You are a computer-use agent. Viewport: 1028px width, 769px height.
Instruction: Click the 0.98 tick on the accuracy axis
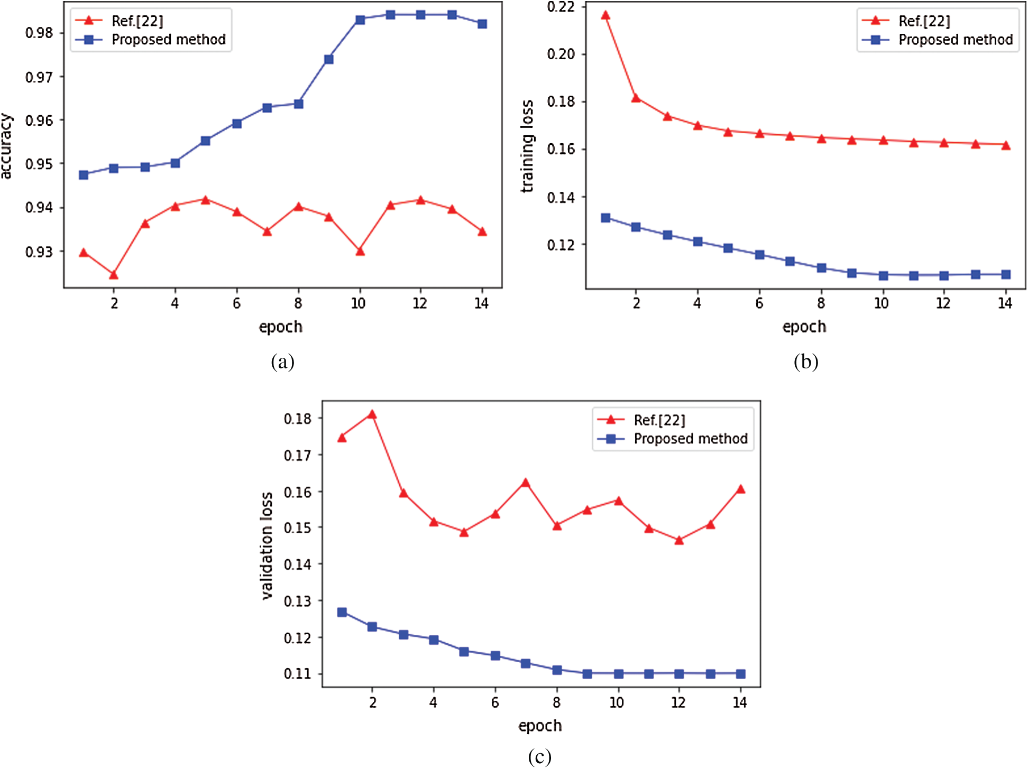pos(39,33)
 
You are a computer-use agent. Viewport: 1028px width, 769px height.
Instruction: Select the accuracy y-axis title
pos(6,146)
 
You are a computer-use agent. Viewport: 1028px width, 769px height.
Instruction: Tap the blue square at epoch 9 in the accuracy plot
pos(329,59)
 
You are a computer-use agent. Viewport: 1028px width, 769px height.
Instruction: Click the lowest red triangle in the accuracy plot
pos(114,275)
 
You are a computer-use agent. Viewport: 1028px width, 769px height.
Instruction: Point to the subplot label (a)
pos(282,362)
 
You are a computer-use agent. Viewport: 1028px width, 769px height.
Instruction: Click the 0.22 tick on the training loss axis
pos(561,7)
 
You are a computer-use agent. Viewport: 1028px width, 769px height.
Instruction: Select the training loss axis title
pos(527,146)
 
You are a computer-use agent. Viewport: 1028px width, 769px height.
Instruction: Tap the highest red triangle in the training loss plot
pos(606,15)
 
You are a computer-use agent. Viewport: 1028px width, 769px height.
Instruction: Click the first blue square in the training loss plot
pos(606,218)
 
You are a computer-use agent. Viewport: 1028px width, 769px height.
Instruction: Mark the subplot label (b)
pos(806,362)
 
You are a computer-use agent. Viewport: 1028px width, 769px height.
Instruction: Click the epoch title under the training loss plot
pos(804,327)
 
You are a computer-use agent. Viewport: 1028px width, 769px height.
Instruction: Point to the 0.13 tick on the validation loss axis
pos(297,601)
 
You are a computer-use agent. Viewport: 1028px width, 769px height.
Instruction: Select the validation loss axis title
pos(268,545)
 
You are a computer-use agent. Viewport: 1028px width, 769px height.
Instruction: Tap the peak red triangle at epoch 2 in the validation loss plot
pos(372,415)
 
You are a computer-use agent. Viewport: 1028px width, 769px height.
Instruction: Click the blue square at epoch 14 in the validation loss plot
pos(741,674)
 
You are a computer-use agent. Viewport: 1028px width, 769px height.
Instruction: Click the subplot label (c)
pos(539,757)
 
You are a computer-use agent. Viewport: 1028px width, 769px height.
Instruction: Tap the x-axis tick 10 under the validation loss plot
pos(617,702)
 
